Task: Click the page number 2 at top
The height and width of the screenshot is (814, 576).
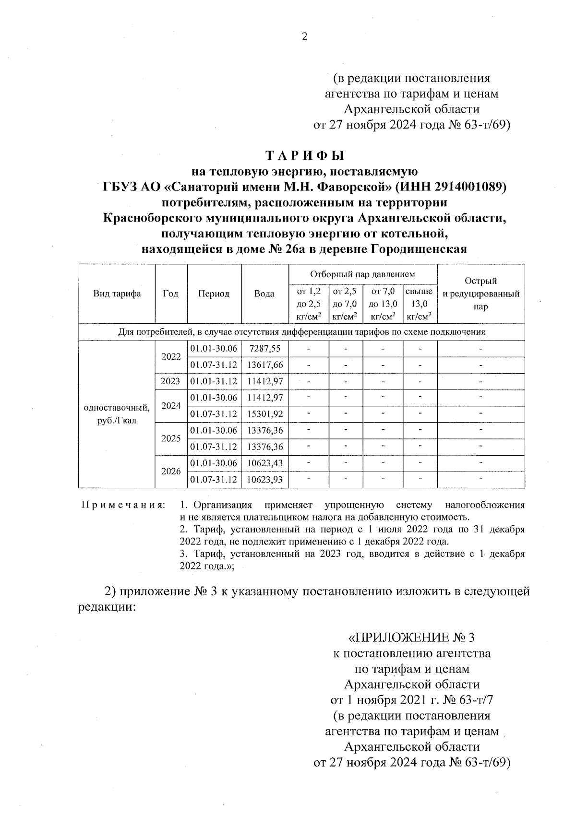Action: pos(304,37)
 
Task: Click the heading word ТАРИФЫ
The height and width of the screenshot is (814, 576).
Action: pos(305,156)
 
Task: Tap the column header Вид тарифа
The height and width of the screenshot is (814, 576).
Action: pos(117,294)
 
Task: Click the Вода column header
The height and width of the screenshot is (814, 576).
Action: pos(264,294)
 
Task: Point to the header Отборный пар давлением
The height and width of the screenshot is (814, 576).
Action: pos(362,274)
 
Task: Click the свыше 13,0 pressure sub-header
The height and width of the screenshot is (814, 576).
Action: pos(420,304)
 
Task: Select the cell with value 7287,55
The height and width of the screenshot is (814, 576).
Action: pos(264,349)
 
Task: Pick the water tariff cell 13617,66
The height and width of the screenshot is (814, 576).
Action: pos(264,365)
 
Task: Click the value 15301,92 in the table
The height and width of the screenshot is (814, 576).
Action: pos(264,414)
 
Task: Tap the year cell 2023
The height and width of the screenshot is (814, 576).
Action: pos(171,381)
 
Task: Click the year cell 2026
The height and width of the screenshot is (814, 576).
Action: pos(171,472)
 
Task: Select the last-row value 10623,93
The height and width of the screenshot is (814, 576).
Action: pos(264,480)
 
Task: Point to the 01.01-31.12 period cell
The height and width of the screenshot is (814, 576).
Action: pos(214,381)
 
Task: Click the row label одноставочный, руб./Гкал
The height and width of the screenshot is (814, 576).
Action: pos(117,414)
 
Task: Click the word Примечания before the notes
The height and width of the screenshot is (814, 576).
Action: pos(123,505)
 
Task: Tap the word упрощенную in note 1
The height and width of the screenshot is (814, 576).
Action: pos(354,505)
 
